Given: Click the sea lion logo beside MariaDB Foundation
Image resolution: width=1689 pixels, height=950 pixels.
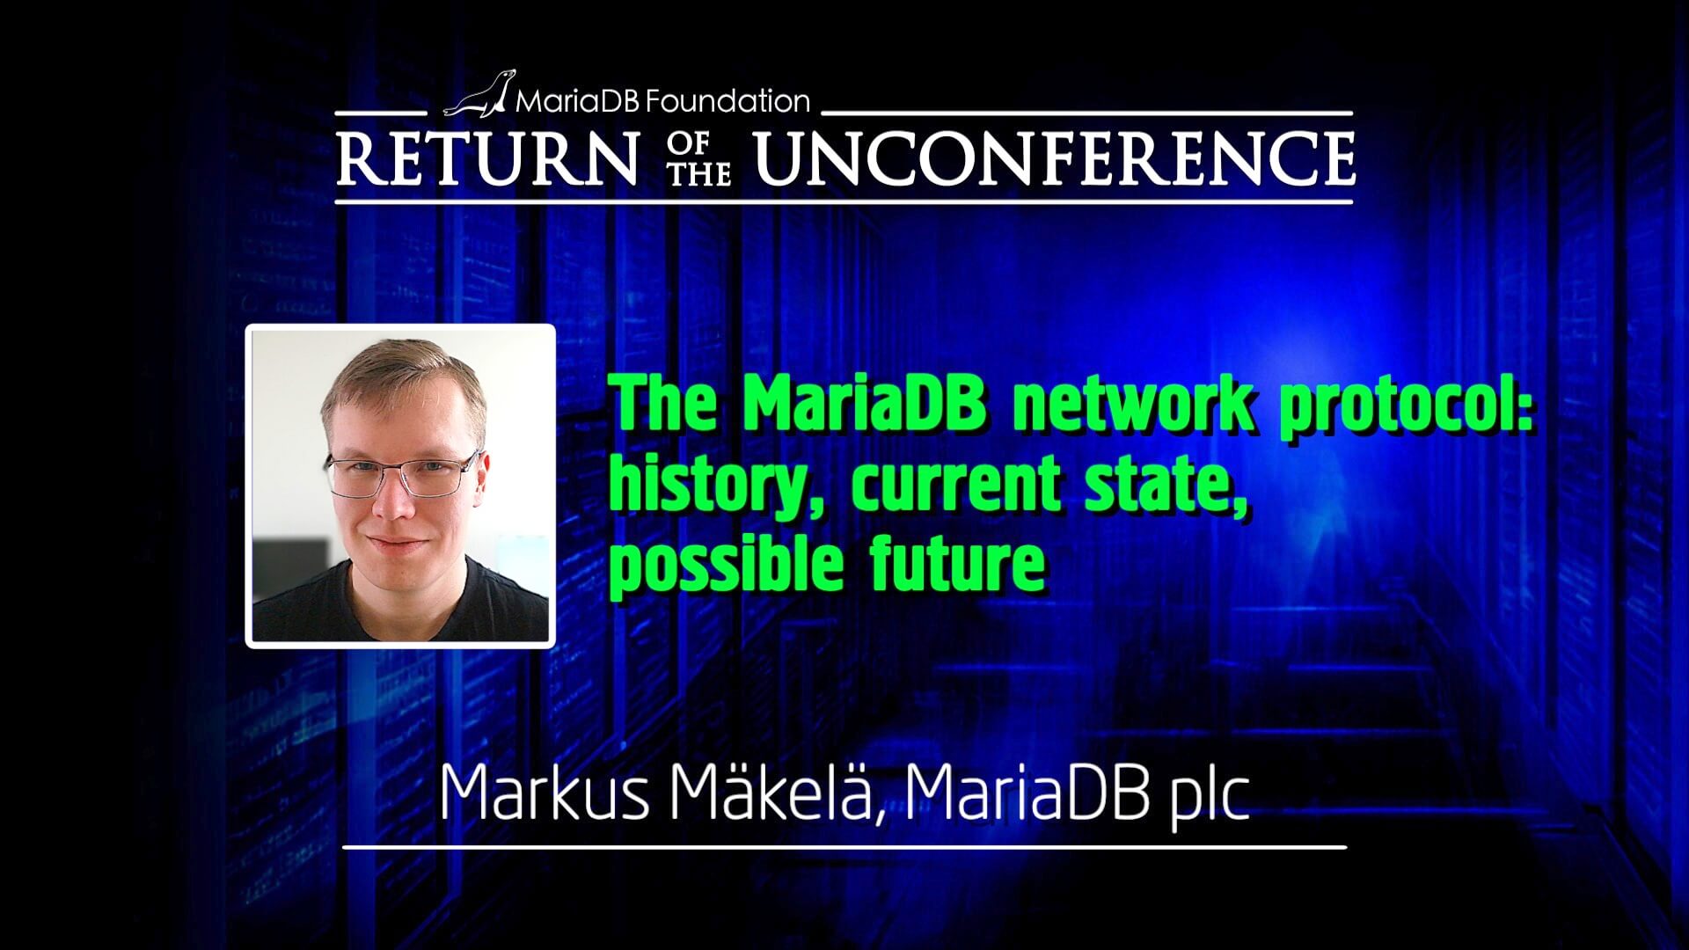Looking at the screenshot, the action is coord(479,93).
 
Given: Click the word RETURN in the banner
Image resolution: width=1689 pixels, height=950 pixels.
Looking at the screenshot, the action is coord(487,158).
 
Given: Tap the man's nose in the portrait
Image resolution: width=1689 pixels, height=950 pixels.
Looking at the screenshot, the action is coord(393,499).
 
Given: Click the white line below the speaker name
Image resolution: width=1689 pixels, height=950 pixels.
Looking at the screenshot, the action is coord(844,848).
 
